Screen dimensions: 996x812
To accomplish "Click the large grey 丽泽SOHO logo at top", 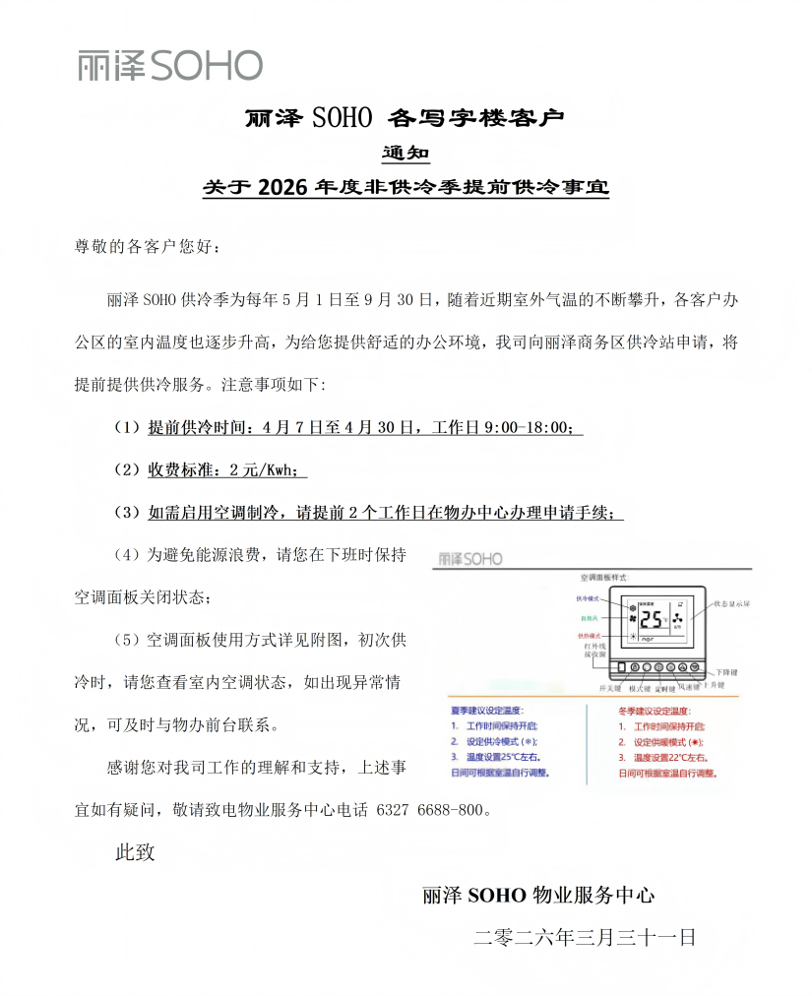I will [x=170, y=65].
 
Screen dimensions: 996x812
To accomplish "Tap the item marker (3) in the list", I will [x=128, y=513].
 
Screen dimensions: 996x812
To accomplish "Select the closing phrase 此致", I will [x=136, y=852].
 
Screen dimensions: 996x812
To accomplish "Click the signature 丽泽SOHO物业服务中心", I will [x=538, y=896].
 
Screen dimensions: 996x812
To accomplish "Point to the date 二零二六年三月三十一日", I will [x=585, y=937].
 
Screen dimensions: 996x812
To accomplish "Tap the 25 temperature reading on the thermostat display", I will [x=651, y=619].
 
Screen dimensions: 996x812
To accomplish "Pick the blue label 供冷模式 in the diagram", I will [x=590, y=597].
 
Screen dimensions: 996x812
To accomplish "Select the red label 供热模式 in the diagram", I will [x=590, y=636].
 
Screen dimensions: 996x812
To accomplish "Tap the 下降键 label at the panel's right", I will [x=729, y=671].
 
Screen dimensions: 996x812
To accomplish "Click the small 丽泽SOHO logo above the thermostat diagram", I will [x=470, y=558].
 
